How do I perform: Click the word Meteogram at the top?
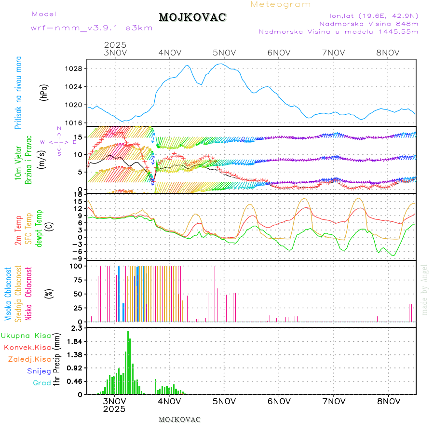tap(281, 4)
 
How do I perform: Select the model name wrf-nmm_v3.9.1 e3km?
tap(92, 27)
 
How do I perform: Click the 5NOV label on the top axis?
tap(224, 53)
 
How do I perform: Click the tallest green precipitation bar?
tap(128, 362)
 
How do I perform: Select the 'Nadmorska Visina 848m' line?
tap(368, 23)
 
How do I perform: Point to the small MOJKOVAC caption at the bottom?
tap(179, 419)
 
